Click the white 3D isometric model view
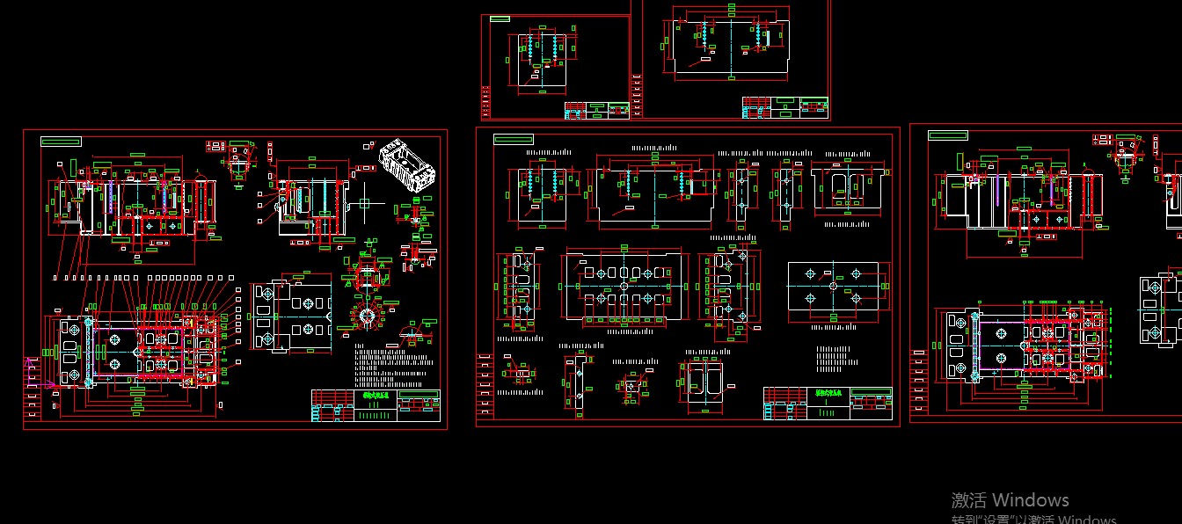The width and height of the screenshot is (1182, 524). click(407, 164)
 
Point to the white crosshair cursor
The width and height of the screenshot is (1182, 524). click(364, 204)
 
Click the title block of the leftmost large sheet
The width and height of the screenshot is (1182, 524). click(376, 405)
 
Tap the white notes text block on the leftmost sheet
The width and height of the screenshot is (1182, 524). click(395, 365)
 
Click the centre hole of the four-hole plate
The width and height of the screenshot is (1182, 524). click(832, 287)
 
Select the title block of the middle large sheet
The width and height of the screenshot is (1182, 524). click(828, 403)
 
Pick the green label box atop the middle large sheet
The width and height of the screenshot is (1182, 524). click(514, 139)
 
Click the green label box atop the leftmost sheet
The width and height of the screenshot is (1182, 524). click(61, 141)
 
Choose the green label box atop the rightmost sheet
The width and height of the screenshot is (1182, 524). click(948, 135)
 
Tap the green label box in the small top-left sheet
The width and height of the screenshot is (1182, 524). click(500, 18)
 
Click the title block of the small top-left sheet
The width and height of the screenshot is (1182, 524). click(597, 110)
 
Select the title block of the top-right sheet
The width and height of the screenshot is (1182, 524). click(784, 107)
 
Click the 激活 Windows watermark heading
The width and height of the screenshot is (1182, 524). click(1010, 500)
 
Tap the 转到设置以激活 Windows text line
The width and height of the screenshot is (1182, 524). click(1033, 519)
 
